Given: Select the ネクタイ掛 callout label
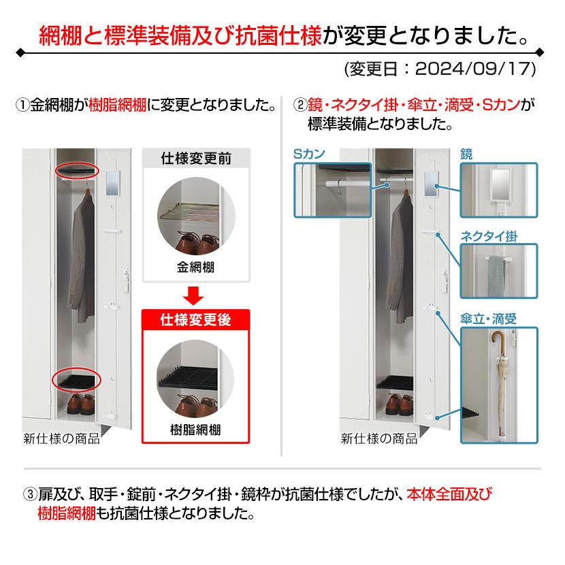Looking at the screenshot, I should click(489, 237).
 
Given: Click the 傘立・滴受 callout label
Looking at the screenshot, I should click(489, 319).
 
